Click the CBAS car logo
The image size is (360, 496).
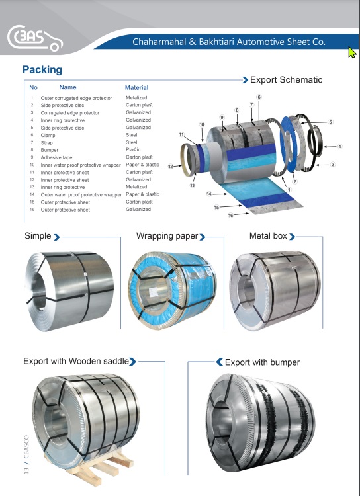coord(35,38)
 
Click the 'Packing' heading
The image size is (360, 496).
coord(42,70)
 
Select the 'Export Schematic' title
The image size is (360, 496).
coord(287,80)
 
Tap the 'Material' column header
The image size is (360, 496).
coord(136,87)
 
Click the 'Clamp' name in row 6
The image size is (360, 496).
coord(48,136)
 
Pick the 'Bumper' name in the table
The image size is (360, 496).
coord(50,150)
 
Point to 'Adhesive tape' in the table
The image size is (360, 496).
coord(56,157)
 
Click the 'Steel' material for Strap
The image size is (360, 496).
coord(132,142)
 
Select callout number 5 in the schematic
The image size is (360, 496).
coord(330,122)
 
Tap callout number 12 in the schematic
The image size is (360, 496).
coord(171,167)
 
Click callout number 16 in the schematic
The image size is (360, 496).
coord(230,216)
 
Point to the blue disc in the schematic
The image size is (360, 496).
coord(289,144)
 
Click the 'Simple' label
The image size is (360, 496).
coord(38,236)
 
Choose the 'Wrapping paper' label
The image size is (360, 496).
coord(167,236)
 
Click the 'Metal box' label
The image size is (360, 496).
coord(268,236)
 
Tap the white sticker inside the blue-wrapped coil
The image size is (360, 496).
coord(154,292)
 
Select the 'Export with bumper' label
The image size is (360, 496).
coord(262,362)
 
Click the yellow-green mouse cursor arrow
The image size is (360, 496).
coord(352,52)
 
